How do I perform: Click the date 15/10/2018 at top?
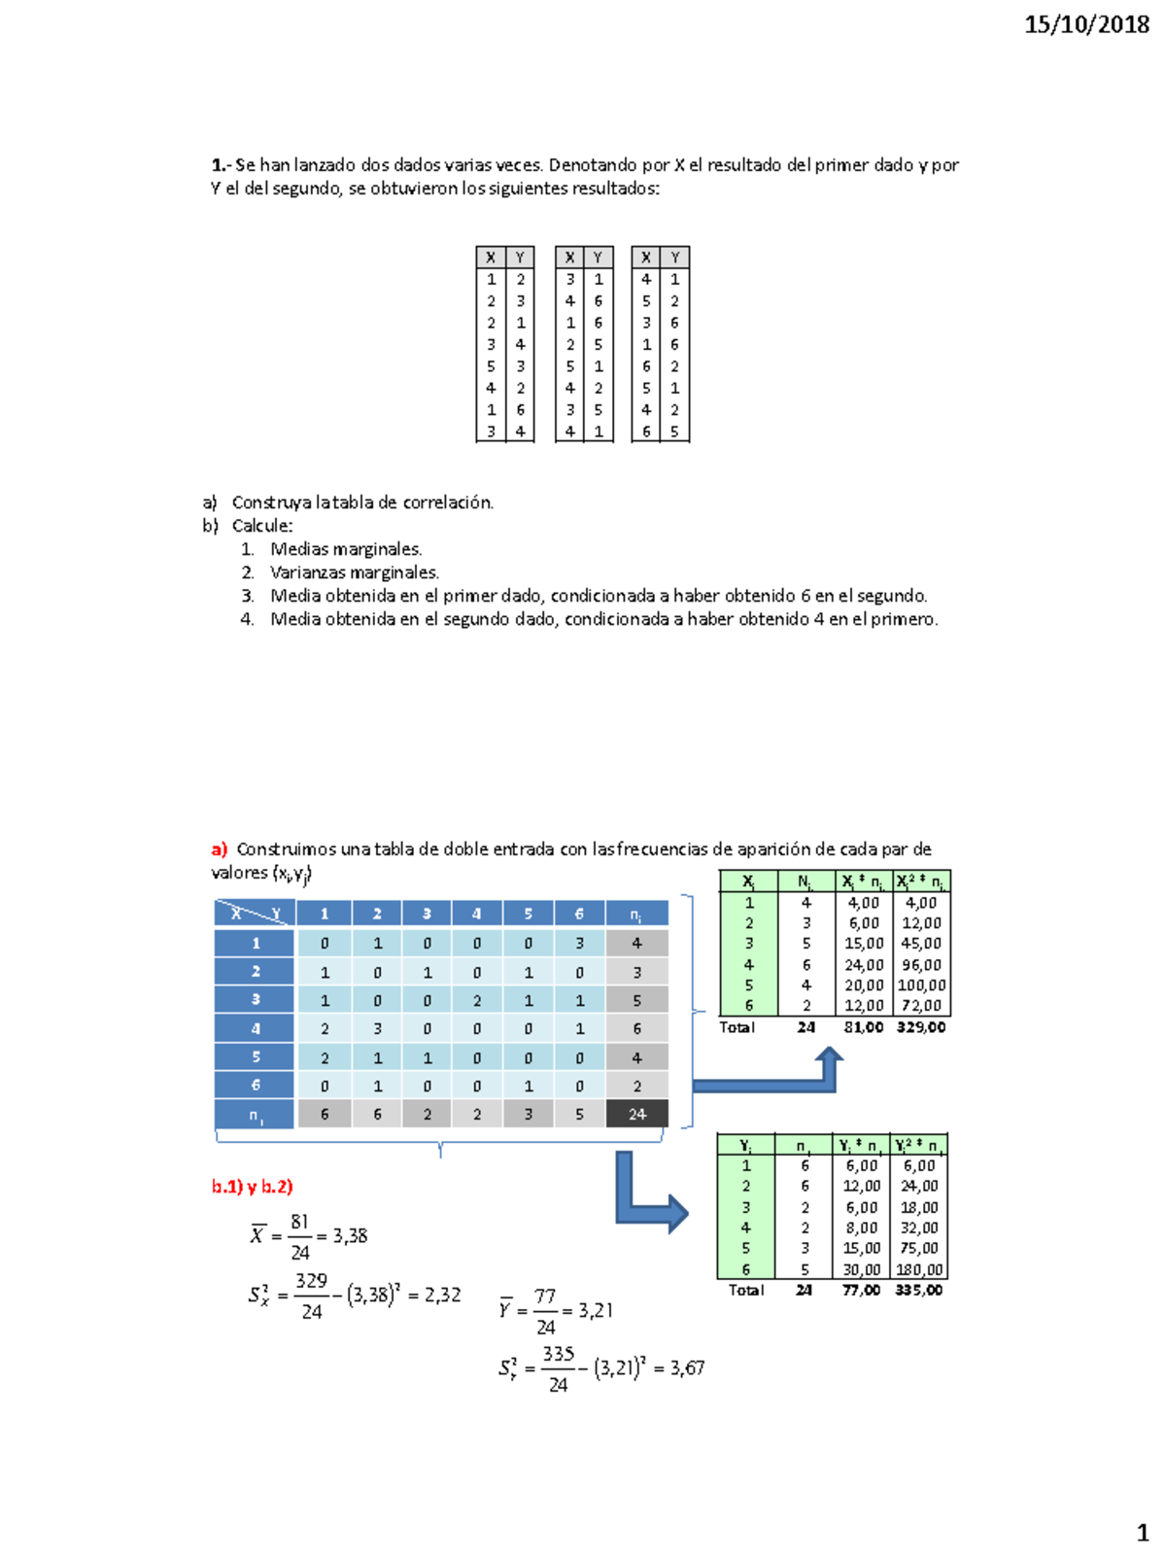click(1085, 24)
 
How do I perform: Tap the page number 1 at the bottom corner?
click(1143, 1534)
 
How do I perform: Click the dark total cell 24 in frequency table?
click(636, 1115)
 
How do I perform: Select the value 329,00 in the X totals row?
click(920, 1027)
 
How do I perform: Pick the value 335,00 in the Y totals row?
click(918, 1291)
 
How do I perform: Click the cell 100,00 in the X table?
click(920, 985)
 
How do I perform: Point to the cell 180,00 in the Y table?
click(918, 1269)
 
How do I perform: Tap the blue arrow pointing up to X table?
click(829, 1066)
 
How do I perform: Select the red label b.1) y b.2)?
click(253, 1187)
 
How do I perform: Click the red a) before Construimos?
click(220, 848)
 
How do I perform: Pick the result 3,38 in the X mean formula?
click(350, 1236)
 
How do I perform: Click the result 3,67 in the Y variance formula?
click(687, 1368)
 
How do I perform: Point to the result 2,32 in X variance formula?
click(442, 1296)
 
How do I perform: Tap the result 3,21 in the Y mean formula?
click(596, 1311)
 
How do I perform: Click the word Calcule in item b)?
click(261, 526)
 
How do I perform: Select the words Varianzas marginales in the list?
click(354, 572)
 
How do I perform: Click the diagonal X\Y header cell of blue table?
click(255, 914)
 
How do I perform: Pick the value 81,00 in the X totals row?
click(863, 1027)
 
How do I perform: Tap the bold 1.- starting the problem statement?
click(221, 165)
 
